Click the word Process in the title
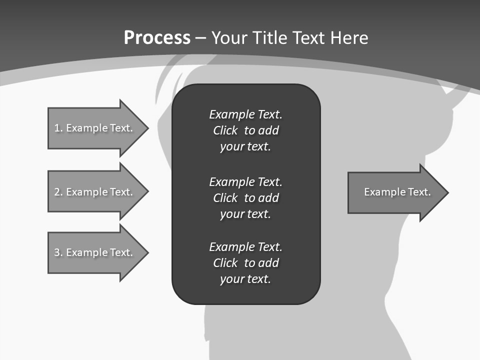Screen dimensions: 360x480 157,38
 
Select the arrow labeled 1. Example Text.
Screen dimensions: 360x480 95,128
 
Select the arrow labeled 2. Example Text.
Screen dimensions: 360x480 95,192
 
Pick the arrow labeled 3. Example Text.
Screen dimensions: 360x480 95,252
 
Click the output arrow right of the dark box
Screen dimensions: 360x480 395,192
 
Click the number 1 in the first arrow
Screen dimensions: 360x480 57,128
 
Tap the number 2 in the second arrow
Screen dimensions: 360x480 57,192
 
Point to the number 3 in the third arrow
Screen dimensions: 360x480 57,252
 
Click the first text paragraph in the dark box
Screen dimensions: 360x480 245,130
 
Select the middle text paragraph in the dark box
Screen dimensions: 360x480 245,198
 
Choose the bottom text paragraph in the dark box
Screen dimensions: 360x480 245,263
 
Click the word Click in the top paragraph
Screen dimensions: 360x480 225,130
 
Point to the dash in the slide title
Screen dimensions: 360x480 201,38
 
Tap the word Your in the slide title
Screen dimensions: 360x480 229,38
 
